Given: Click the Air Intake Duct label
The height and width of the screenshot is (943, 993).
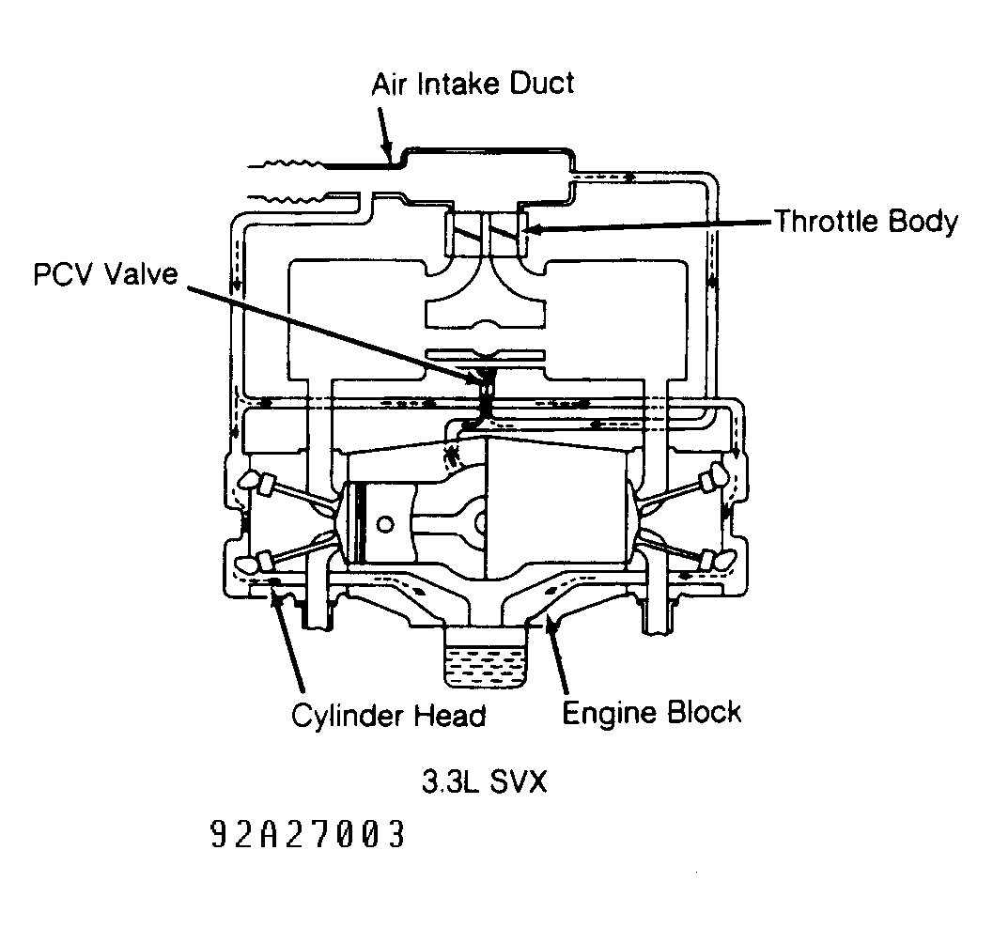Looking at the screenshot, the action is (x=473, y=84).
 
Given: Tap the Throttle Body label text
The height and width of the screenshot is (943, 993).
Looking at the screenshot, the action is (x=866, y=221).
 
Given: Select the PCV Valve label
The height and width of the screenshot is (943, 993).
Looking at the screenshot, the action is (x=106, y=274).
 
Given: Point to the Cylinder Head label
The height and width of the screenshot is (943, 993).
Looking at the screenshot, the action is (x=388, y=716).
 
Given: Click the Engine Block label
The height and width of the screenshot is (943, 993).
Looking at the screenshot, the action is (x=651, y=713).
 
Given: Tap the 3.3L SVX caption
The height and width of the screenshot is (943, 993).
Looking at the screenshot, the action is (x=484, y=781).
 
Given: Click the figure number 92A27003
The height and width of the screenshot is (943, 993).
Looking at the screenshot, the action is (x=307, y=834).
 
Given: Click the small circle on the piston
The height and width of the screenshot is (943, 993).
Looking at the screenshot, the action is (x=384, y=524).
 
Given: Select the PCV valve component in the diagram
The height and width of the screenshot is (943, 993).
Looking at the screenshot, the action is (x=487, y=394).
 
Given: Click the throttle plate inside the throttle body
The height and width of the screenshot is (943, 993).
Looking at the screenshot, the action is (x=486, y=234).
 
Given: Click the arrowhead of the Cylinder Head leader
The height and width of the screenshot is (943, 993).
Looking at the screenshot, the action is (x=276, y=596).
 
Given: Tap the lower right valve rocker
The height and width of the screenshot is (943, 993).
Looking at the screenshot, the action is (x=716, y=560).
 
